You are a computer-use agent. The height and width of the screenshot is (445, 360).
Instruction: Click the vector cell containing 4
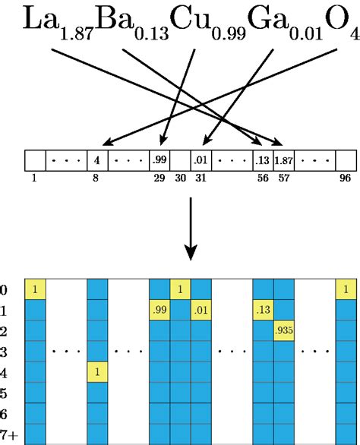click(x=97, y=160)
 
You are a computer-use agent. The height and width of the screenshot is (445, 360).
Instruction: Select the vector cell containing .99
click(x=159, y=160)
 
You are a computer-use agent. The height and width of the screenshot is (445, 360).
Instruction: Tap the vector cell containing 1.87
click(x=283, y=160)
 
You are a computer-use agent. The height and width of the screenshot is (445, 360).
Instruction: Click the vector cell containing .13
click(x=262, y=160)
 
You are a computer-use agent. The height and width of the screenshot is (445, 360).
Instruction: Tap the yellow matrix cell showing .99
click(x=159, y=311)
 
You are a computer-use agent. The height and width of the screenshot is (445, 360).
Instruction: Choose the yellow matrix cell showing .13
click(x=263, y=311)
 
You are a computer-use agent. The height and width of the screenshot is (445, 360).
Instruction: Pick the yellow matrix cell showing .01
click(x=201, y=311)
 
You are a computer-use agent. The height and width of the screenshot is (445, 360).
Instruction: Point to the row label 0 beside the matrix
click(x=4, y=290)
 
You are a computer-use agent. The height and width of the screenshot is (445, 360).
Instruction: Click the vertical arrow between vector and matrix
click(x=191, y=228)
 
